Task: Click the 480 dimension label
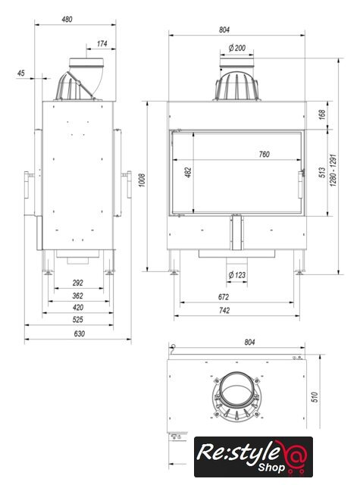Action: click(67, 19)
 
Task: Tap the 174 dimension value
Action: click(102, 44)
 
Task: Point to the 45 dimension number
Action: click(20, 74)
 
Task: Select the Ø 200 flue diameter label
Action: click(237, 48)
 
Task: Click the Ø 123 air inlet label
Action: click(237, 274)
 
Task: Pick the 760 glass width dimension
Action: click(264, 154)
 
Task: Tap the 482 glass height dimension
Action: click(188, 172)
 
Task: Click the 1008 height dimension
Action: click(142, 180)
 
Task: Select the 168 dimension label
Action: click(322, 114)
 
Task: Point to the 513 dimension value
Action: click(322, 172)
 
